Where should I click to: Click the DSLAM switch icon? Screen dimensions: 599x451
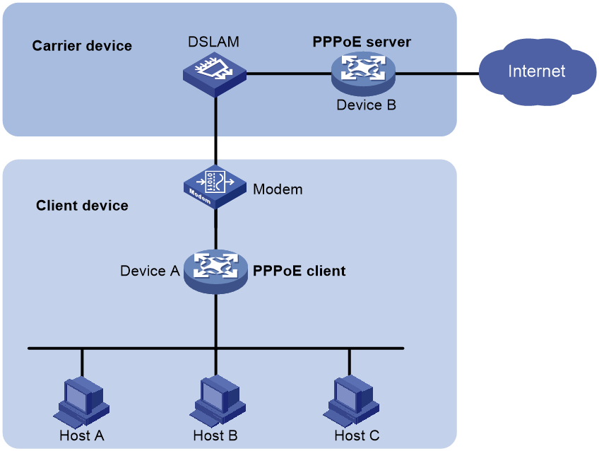pyautogui.click(x=215, y=74)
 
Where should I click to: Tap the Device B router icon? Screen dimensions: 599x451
pyautogui.click(x=363, y=74)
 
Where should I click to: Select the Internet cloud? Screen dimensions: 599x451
pyautogui.click(x=537, y=72)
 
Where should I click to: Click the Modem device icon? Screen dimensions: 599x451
pyautogui.click(x=215, y=187)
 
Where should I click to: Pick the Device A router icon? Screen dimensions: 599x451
pyautogui.click(x=216, y=271)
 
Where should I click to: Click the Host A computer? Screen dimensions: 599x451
pyautogui.click(x=81, y=402)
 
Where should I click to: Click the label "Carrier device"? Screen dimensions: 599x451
pyautogui.click(x=82, y=46)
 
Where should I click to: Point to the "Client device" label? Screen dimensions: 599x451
pyautogui.click(x=82, y=206)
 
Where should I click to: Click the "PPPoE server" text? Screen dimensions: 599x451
pyautogui.click(x=362, y=42)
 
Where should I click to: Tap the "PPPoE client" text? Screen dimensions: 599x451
pyautogui.click(x=299, y=271)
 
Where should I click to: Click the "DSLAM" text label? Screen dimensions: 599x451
pyautogui.click(x=213, y=42)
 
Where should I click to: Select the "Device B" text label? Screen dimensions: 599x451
pyautogui.click(x=367, y=105)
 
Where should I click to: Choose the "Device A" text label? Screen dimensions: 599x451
pyautogui.click(x=150, y=271)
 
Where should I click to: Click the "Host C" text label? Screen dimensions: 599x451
pyautogui.click(x=357, y=435)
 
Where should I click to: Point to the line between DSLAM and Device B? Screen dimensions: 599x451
pyautogui.click(x=289, y=74)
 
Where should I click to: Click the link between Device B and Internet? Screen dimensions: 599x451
pyautogui.click(x=437, y=74)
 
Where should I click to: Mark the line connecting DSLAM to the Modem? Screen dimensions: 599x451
pyautogui.click(x=216, y=131)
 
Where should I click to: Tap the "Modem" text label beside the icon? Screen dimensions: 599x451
pyautogui.click(x=278, y=189)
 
